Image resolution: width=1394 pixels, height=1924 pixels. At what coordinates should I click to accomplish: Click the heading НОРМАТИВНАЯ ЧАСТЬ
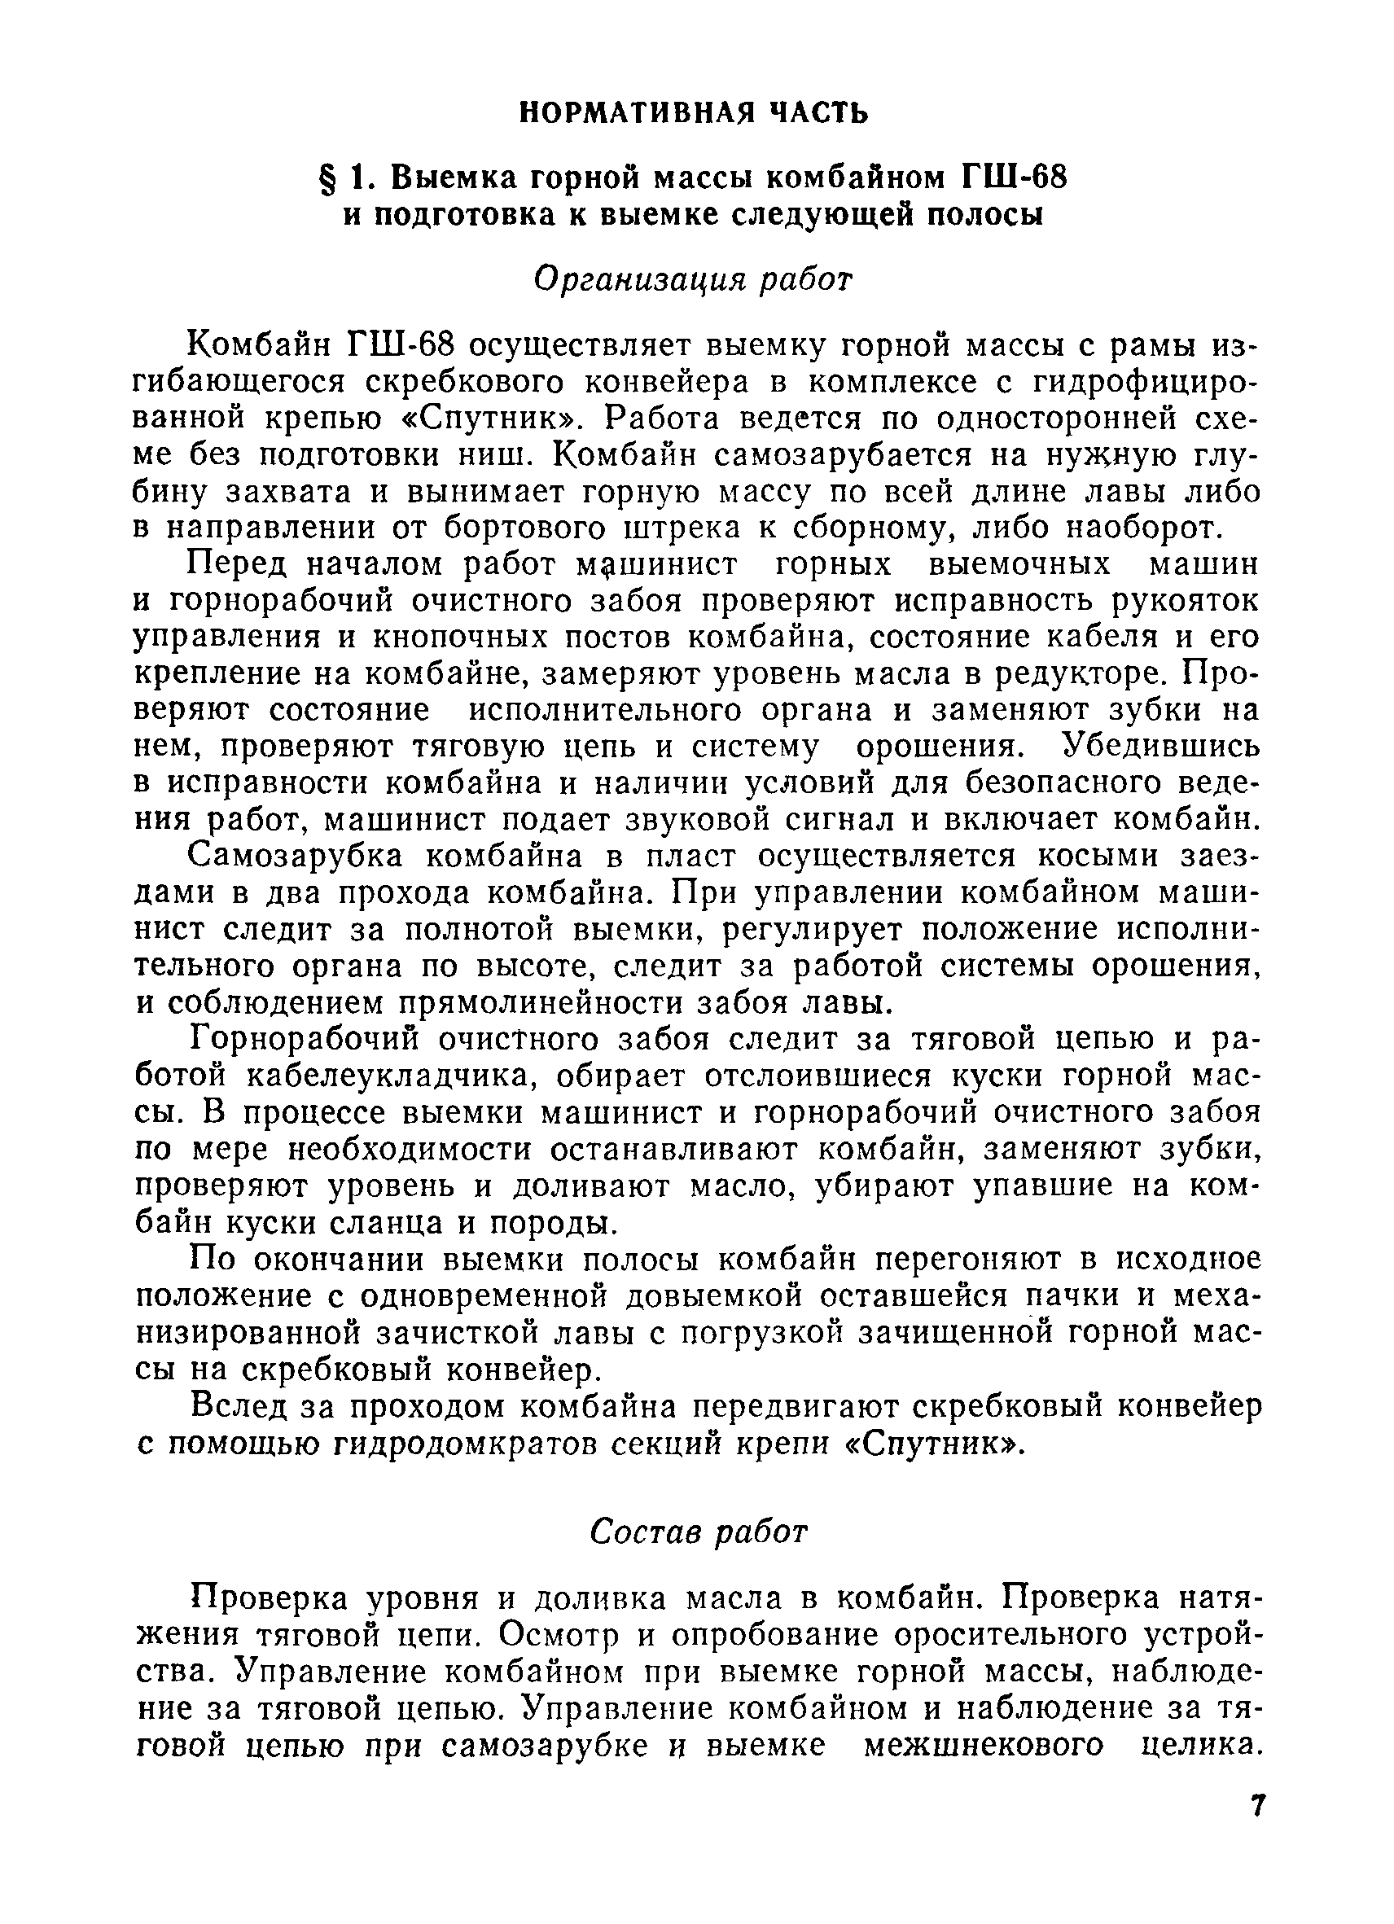[693, 112]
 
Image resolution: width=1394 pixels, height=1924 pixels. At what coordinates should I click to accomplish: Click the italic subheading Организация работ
[693, 279]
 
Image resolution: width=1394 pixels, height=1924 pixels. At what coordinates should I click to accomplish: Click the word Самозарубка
[296, 857]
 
